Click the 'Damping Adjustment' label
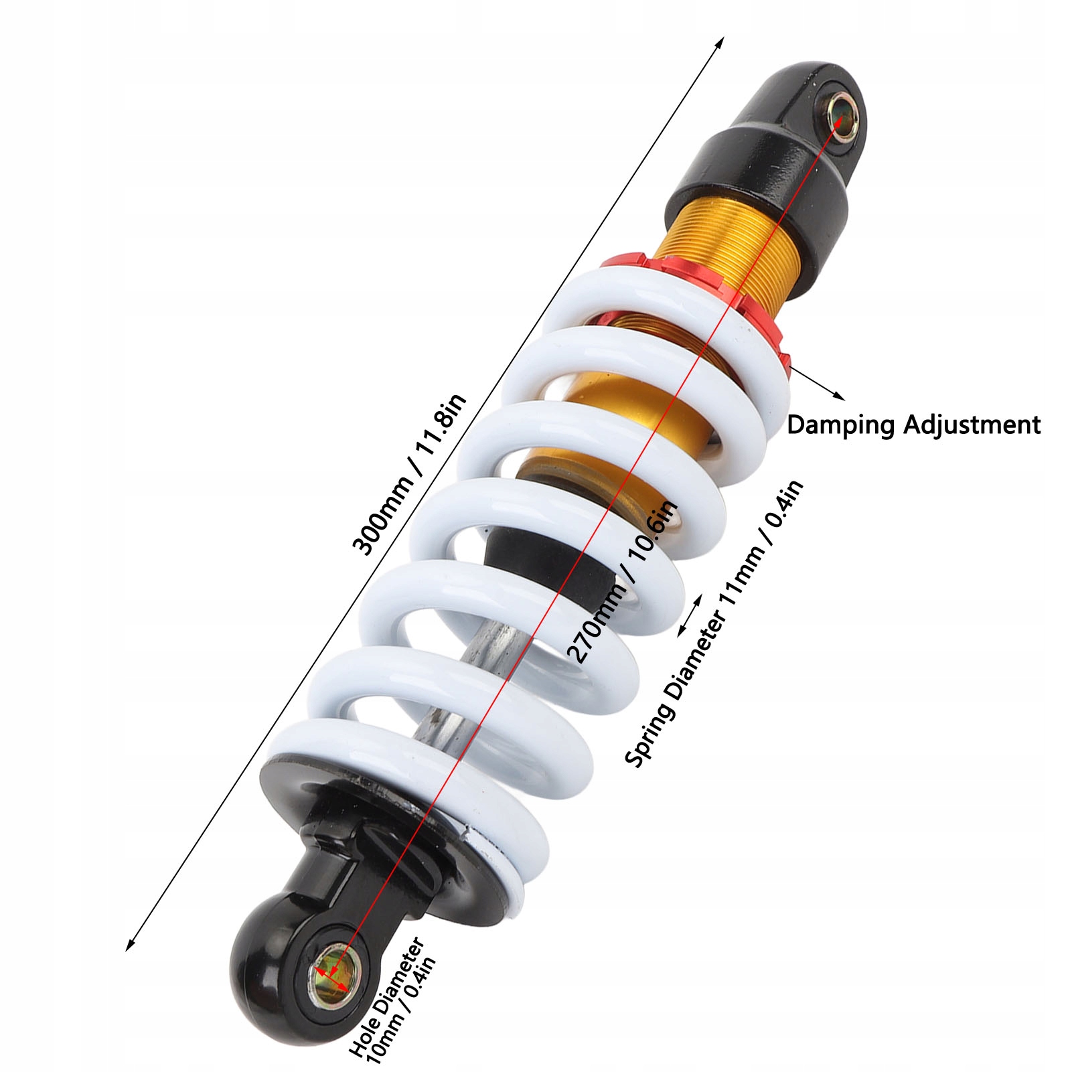point(913,425)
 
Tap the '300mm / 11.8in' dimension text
point(410,475)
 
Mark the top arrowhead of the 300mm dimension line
point(720,42)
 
